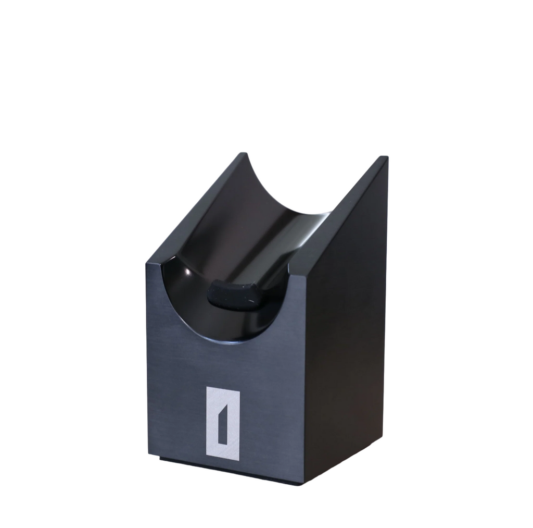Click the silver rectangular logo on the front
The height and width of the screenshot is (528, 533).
click(223, 423)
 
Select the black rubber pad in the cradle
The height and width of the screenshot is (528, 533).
click(234, 295)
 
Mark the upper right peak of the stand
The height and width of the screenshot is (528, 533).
click(384, 157)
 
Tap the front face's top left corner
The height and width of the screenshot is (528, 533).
click(148, 264)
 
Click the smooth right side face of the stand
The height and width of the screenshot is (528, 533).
click(346, 339)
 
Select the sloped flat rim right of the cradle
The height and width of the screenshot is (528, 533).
click(344, 219)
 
